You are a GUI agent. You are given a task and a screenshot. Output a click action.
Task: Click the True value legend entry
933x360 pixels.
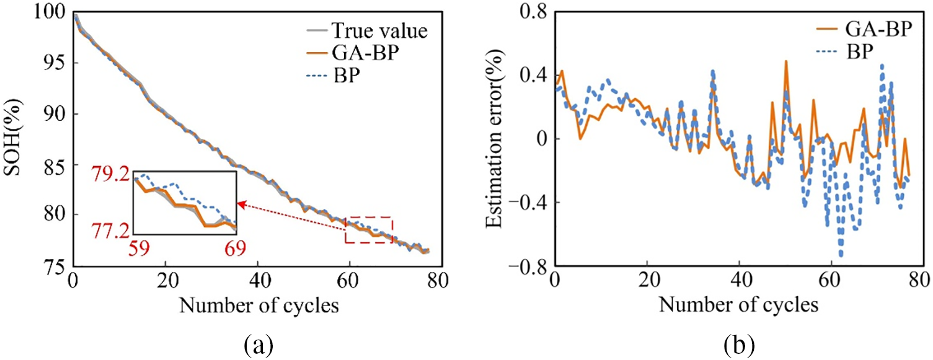(x=378, y=30)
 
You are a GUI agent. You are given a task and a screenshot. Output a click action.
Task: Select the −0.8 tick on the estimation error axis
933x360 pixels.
(x=528, y=266)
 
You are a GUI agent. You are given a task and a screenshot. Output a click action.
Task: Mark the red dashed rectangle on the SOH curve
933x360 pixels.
(x=369, y=229)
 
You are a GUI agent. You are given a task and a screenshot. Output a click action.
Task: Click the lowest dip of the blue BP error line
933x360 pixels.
(x=841, y=255)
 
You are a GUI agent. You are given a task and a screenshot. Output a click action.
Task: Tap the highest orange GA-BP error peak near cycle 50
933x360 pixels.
(x=786, y=61)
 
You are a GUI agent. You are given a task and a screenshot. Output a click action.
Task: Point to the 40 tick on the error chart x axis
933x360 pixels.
(x=740, y=280)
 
